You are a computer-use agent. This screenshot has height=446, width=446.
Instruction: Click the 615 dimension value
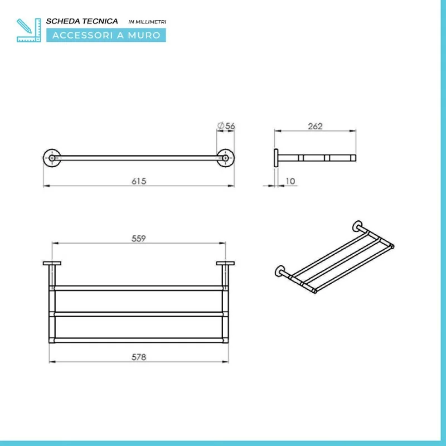coord(139,181)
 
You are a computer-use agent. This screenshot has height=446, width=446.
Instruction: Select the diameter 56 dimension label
coord(226,126)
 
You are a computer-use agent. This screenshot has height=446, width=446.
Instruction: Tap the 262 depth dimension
coord(315,126)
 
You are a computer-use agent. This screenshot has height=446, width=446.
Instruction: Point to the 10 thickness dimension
coord(290,181)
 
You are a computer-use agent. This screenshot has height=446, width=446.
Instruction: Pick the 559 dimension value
coord(138,238)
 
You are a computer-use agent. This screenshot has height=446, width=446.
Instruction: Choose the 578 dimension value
coord(139,357)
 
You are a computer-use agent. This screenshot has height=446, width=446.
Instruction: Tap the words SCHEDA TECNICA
coord(83,21)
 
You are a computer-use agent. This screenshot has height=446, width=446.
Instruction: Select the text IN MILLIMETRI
coord(148,22)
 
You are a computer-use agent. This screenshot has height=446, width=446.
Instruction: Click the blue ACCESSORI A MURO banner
coord(106,35)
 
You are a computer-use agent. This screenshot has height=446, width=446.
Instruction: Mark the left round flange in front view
coord(52,158)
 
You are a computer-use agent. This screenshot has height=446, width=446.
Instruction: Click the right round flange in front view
coord(226,158)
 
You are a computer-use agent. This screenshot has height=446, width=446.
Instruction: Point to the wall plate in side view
coord(276,158)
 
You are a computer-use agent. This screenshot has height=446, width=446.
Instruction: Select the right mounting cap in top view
coord(225,263)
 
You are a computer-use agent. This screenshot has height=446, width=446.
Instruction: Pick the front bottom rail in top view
coord(138,339)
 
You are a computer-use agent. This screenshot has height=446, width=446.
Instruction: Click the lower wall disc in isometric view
coord(280,272)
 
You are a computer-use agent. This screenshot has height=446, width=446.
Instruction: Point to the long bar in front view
coord(139,158)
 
